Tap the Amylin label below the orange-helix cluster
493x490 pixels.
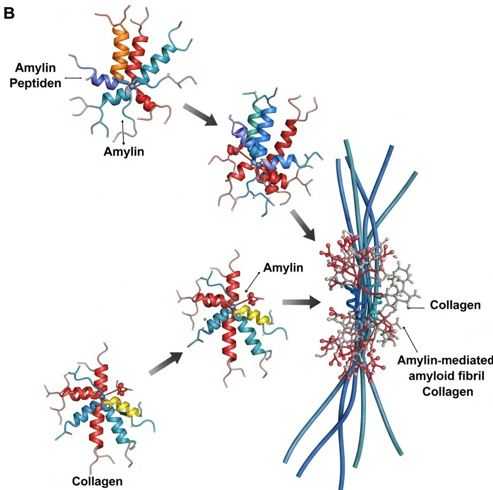(123, 152)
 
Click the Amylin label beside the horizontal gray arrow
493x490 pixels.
(283, 267)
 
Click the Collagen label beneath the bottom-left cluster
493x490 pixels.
(97, 480)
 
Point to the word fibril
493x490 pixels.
(465, 377)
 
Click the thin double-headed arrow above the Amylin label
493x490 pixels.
(123, 132)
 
